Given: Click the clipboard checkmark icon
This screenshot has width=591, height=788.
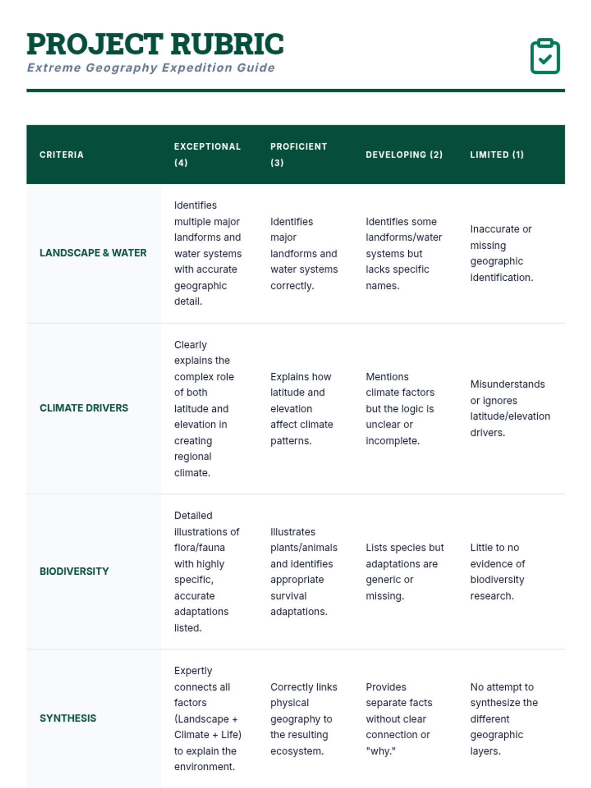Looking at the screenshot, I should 545,56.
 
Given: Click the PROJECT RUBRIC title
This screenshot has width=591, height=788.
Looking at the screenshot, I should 155,44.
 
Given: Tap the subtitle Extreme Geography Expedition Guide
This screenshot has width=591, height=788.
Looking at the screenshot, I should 151,67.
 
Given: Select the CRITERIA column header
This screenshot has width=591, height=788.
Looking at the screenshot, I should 62,155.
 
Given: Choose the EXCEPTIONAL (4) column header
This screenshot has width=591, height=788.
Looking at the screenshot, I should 207,154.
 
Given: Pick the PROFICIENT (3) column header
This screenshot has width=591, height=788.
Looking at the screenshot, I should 298,154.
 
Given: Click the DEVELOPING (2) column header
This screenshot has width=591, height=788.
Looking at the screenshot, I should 404,155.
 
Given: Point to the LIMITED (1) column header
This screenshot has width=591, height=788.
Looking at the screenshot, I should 496,155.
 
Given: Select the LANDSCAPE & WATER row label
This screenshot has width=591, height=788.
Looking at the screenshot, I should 93,253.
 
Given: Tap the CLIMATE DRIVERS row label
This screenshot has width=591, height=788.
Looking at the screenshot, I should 84,408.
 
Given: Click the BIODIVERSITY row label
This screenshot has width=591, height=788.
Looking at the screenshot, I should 74,571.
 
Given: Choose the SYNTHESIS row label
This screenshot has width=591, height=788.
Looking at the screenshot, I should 68,718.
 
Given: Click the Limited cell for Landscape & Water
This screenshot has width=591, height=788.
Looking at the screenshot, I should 501,253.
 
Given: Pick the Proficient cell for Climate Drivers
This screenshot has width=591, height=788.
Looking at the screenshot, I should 301,408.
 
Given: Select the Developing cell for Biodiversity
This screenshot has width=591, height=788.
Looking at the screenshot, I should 404,571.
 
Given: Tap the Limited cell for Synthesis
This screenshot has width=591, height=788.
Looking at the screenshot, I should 504,719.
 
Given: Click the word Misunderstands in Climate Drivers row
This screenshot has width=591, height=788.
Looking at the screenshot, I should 507,384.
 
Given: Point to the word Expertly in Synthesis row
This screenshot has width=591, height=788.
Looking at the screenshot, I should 193,671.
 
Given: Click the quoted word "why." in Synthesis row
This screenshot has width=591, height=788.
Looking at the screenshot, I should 381,751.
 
